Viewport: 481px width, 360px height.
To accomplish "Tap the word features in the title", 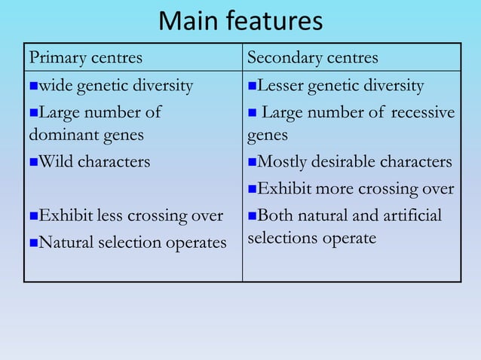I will click(276, 21).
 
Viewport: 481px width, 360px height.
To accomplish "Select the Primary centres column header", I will click(85, 58).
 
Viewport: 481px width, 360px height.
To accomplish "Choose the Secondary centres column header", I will click(313, 58).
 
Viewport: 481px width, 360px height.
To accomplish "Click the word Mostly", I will click(281, 162).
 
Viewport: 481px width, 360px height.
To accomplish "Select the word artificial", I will click(412, 216).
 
